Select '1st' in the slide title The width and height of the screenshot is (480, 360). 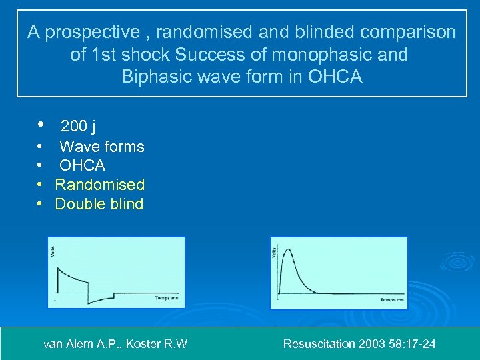(x=116, y=55)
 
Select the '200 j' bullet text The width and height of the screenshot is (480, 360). (x=79, y=126)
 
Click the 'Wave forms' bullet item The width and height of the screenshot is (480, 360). (x=101, y=147)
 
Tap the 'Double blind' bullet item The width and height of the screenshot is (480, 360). (x=99, y=204)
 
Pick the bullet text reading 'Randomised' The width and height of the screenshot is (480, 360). (x=99, y=185)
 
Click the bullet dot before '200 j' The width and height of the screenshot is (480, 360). (x=41, y=125)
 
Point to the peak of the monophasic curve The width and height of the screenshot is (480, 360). (x=287, y=251)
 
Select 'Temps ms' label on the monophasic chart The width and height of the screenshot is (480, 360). (x=391, y=300)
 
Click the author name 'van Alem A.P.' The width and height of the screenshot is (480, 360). (x=81, y=344)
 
